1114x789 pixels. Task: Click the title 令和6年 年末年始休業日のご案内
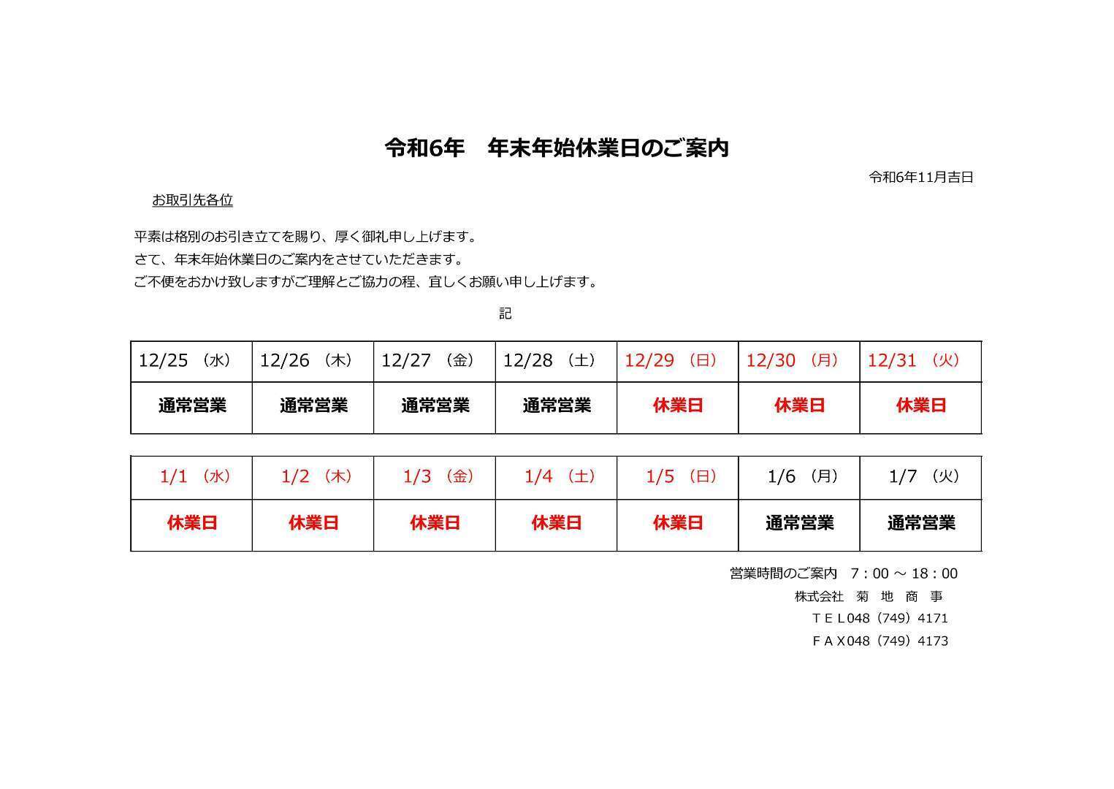[557, 148]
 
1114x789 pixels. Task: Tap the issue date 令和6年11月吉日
[921, 177]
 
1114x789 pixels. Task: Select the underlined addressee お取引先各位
[192, 200]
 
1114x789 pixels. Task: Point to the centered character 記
[506, 313]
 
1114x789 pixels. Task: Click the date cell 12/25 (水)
[185, 360]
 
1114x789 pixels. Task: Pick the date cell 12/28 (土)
[549, 360]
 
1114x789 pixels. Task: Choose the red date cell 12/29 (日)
[671, 360]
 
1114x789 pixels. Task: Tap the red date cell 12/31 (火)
[914, 360]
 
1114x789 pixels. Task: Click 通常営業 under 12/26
[313, 405]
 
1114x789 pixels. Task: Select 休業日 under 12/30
[799, 405]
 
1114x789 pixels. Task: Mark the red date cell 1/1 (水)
[195, 476]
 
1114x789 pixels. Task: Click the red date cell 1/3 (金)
[438, 476]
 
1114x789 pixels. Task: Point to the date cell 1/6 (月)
[803, 476]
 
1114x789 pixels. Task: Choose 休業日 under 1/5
[678, 523]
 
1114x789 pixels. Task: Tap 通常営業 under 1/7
[921, 523]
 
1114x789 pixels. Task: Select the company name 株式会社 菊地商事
[869, 596]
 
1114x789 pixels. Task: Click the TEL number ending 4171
[880, 618]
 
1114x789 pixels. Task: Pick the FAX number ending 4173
[880, 641]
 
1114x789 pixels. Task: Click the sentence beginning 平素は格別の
[306, 237]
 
